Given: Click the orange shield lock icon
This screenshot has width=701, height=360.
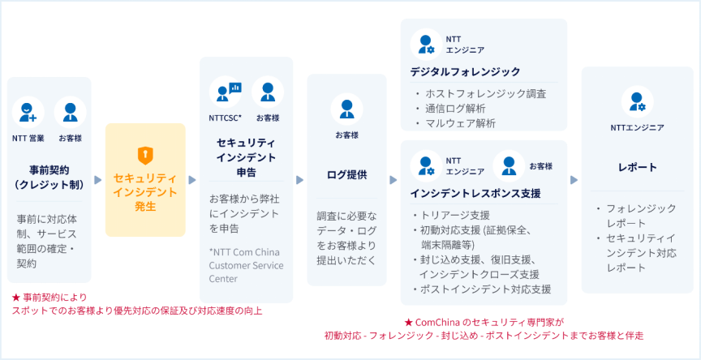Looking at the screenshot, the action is [x=145, y=155].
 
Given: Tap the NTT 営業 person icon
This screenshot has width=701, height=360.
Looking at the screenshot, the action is [x=28, y=113].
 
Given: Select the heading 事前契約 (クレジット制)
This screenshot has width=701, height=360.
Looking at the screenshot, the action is [x=49, y=178].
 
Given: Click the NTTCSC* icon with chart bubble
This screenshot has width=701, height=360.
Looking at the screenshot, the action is [x=226, y=92].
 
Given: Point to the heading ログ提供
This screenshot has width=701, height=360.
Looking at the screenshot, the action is [x=346, y=174].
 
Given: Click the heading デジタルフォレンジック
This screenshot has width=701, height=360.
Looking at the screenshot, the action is [x=466, y=71].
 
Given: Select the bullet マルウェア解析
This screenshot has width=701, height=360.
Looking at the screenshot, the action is [x=461, y=124].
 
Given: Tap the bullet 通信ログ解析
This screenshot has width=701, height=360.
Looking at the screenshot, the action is [x=455, y=109].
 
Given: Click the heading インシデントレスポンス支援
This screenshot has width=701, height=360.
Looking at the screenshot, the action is [x=475, y=194].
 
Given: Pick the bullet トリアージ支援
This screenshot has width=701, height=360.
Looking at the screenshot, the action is [x=454, y=216].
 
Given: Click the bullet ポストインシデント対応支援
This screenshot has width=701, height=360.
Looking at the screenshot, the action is [x=483, y=289].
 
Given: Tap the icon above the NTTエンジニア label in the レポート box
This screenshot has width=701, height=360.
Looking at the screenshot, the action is [x=638, y=102].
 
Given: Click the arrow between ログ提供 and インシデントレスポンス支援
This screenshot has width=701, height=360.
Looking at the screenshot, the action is [x=394, y=179].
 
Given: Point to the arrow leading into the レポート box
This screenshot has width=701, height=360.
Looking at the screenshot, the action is [x=574, y=179].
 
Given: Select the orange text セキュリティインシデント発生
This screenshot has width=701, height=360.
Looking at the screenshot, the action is [x=145, y=192].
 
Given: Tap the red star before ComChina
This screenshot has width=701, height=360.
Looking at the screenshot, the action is [x=408, y=322].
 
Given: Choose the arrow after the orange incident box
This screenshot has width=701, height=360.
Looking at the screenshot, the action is [x=192, y=179].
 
